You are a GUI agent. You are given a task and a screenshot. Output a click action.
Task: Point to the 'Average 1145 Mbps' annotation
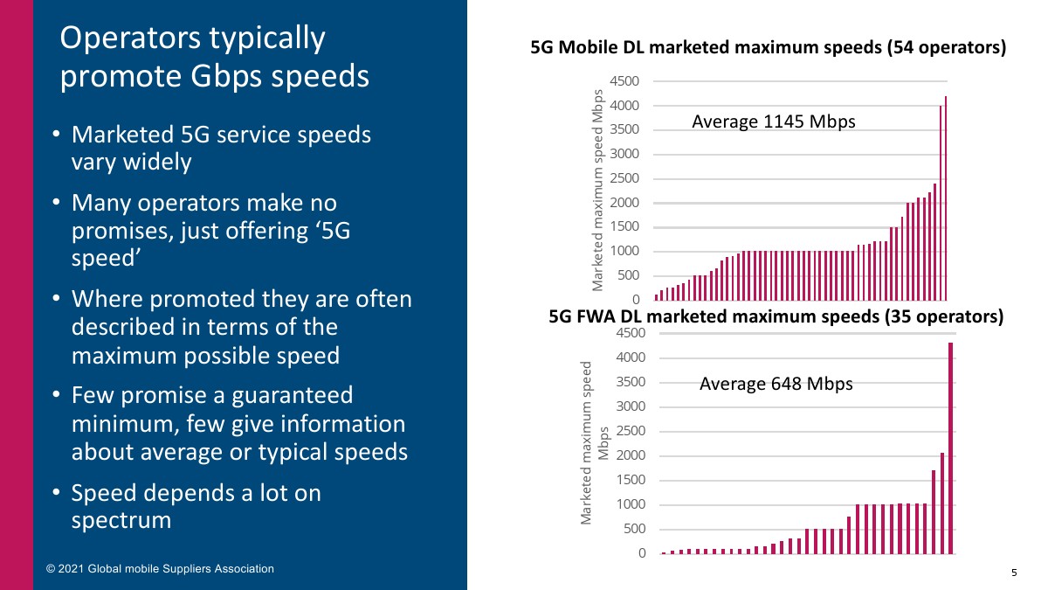point(773,122)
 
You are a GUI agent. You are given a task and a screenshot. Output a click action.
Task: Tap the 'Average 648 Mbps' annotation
point(776,384)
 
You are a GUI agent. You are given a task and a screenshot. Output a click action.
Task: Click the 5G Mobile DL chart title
point(769,49)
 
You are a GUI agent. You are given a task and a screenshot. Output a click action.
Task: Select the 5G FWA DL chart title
point(776,316)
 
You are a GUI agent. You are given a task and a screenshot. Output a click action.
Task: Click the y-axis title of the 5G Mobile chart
point(598,191)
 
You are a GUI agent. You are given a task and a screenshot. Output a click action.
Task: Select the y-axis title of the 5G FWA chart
point(594,442)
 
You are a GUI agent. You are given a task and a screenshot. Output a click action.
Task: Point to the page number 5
point(1014,573)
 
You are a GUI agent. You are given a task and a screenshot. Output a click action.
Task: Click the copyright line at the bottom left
point(160,569)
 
